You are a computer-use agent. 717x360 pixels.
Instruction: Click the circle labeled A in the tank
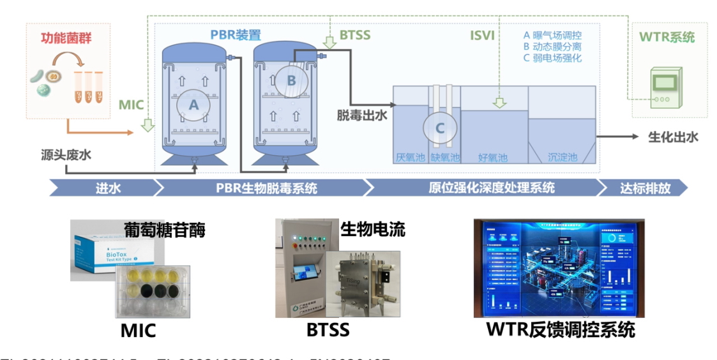(x=194, y=103)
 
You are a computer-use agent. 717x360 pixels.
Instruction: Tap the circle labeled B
(x=291, y=80)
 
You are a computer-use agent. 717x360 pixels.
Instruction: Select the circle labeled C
(x=439, y=128)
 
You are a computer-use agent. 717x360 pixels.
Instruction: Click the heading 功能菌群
(x=62, y=38)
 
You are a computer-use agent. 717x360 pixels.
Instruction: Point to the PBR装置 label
(x=236, y=35)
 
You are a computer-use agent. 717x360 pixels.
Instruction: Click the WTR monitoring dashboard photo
(x=559, y=268)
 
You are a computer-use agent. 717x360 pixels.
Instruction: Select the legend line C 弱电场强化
(x=552, y=58)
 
